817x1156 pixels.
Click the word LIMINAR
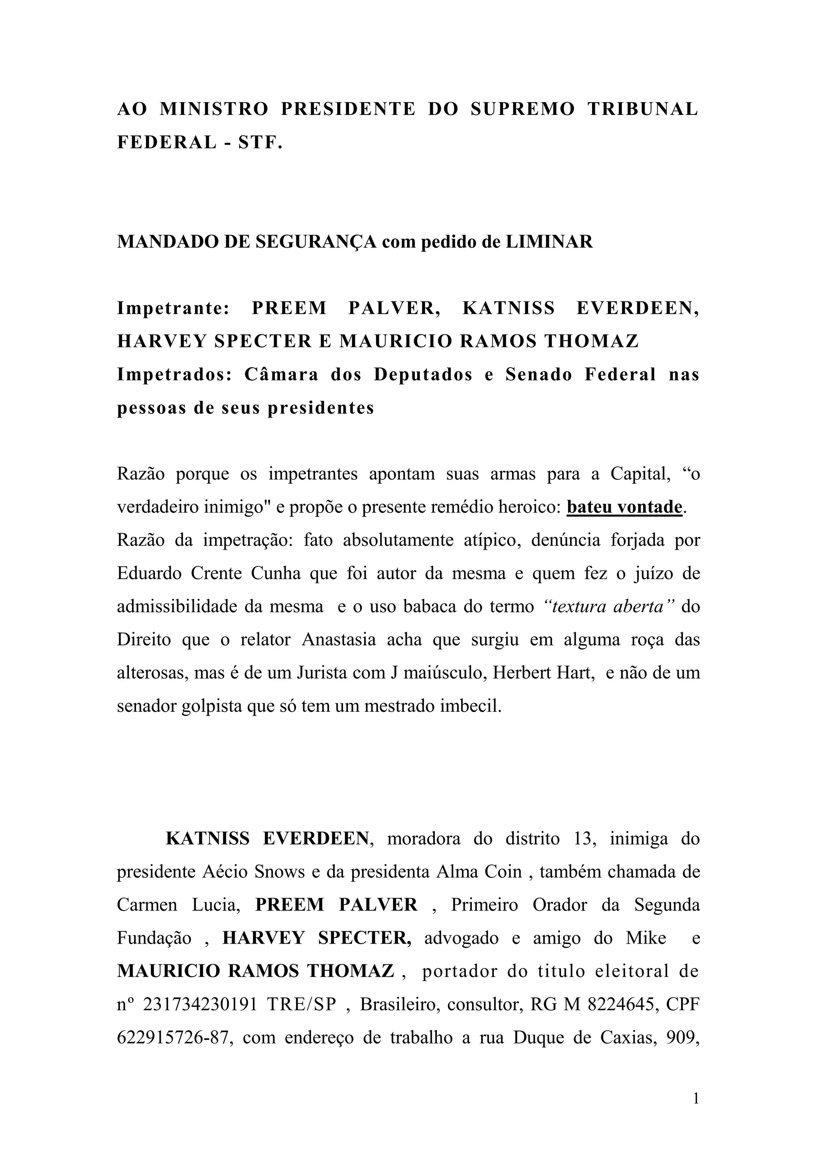[x=549, y=241]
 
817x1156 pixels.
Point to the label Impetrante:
[x=174, y=308]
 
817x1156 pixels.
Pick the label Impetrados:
[x=174, y=374]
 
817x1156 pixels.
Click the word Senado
[x=539, y=374]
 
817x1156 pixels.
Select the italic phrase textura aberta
[x=609, y=607]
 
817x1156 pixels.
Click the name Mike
[x=645, y=938]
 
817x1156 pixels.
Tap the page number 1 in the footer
[x=696, y=1099]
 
